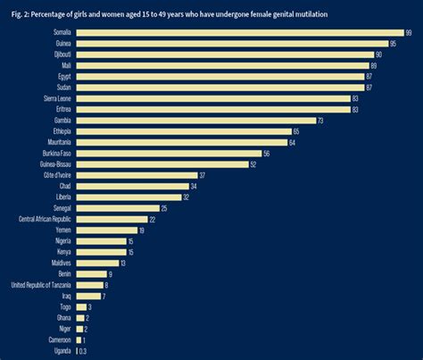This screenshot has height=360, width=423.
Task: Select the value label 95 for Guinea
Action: (x=393, y=43)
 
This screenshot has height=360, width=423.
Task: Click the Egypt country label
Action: (x=63, y=76)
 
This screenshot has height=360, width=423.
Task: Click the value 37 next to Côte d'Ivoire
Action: (x=203, y=175)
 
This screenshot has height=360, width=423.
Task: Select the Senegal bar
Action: (x=116, y=207)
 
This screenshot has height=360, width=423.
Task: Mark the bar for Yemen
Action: (x=106, y=230)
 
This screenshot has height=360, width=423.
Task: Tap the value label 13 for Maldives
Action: (x=123, y=263)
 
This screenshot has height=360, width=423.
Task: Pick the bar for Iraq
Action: (x=87, y=296)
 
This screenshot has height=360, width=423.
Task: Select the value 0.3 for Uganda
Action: (x=83, y=351)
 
